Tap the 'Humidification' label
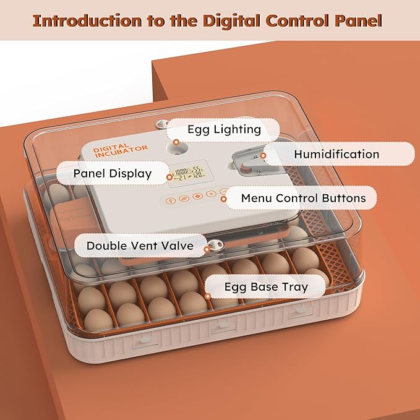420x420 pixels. [x=337, y=154]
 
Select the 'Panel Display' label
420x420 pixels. [x=112, y=173]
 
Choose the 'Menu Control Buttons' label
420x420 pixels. [x=303, y=199]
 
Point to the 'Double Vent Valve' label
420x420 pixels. [x=139, y=246]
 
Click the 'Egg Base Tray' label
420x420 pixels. [x=266, y=286]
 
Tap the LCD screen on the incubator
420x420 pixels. [x=188, y=174]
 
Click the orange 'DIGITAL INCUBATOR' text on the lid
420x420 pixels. [x=121, y=152]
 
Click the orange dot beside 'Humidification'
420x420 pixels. [x=263, y=156]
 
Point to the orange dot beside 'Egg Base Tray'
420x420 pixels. [x=208, y=296]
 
